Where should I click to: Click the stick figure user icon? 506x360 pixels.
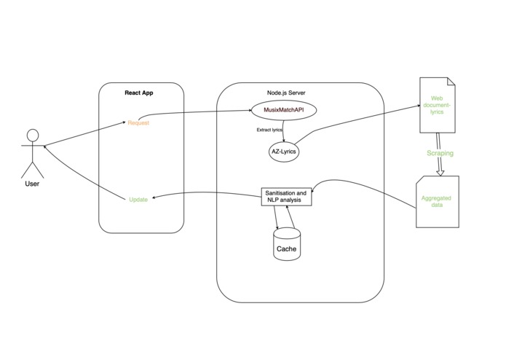(32, 152)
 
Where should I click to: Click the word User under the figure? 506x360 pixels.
(32, 184)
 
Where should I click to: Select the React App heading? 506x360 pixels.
(138, 93)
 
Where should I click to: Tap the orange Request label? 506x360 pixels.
(138, 122)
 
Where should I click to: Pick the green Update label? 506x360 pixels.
(138, 199)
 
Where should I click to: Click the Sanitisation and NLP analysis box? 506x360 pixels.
(286, 196)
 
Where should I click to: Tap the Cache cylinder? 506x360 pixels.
(286, 245)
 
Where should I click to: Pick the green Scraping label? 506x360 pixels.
(440, 154)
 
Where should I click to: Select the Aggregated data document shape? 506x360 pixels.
(437, 200)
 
